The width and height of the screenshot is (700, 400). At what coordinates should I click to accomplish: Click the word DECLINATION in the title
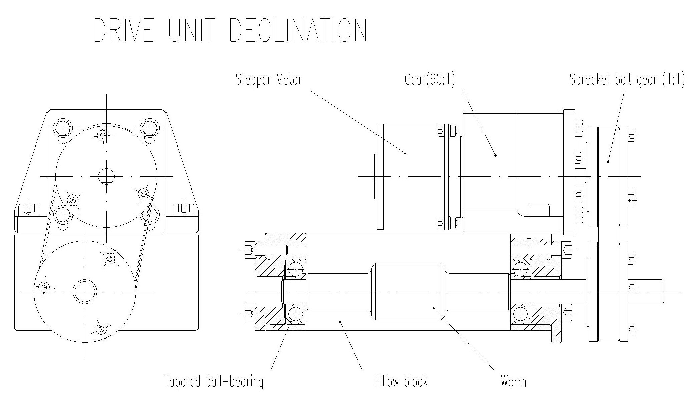(298, 30)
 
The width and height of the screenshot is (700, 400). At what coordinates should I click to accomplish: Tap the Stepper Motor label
(269, 80)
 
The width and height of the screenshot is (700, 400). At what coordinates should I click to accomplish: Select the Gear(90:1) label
(430, 80)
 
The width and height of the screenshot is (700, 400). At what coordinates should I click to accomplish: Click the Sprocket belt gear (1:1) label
(627, 80)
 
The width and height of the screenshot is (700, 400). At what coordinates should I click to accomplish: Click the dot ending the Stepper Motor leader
(405, 153)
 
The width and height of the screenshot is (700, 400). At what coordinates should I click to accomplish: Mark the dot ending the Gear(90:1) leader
(495, 155)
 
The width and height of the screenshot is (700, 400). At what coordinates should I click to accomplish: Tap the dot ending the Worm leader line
(434, 308)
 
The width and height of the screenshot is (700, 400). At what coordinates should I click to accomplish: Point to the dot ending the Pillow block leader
(340, 321)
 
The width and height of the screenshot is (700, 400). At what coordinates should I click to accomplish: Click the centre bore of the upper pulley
(106, 176)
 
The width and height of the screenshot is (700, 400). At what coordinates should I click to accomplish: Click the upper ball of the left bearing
(295, 269)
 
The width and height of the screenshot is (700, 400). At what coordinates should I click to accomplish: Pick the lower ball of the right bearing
(520, 314)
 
